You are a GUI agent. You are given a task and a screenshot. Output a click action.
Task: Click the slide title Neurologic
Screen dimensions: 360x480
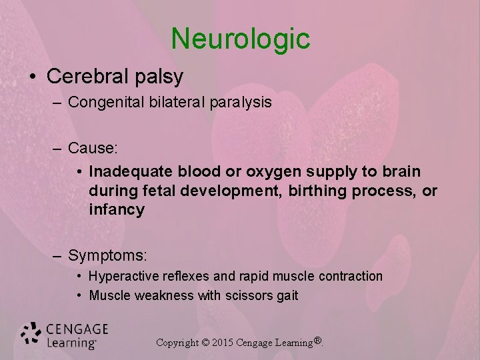(240, 39)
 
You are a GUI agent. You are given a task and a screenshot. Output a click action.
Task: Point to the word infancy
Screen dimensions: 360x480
(117, 210)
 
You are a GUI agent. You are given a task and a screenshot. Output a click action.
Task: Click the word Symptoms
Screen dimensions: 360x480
(107, 255)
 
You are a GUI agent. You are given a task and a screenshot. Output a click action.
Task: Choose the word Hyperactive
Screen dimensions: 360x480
(122, 276)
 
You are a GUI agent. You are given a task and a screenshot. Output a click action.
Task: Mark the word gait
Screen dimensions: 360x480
(287, 296)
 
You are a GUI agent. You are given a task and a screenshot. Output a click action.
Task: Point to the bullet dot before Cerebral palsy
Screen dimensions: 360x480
(34, 77)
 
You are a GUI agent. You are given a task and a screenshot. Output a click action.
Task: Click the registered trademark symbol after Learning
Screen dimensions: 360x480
(318, 341)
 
